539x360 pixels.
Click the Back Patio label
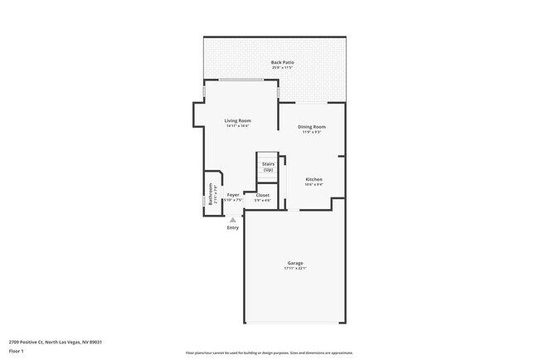click(x=282, y=62)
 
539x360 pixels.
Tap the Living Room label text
click(x=237, y=120)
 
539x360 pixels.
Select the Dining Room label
click(x=312, y=126)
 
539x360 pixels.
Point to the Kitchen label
click(x=313, y=179)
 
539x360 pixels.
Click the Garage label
click(x=295, y=263)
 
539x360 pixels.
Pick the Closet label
click(x=262, y=195)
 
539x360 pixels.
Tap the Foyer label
click(x=234, y=195)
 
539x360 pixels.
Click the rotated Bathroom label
click(x=211, y=193)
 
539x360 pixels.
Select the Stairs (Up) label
click(x=268, y=167)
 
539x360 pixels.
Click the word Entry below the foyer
click(x=232, y=228)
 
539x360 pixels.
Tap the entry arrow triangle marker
click(x=232, y=219)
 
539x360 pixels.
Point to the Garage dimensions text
click(x=295, y=269)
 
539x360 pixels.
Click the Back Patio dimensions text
click(x=282, y=68)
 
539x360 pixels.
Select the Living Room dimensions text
click(x=237, y=126)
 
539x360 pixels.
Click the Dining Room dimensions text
click(x=312, y=132)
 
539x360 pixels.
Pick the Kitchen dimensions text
click(x=313, y=185)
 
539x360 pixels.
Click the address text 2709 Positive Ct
click(x=55, y=341)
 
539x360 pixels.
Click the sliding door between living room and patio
click(x=241, y=80)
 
